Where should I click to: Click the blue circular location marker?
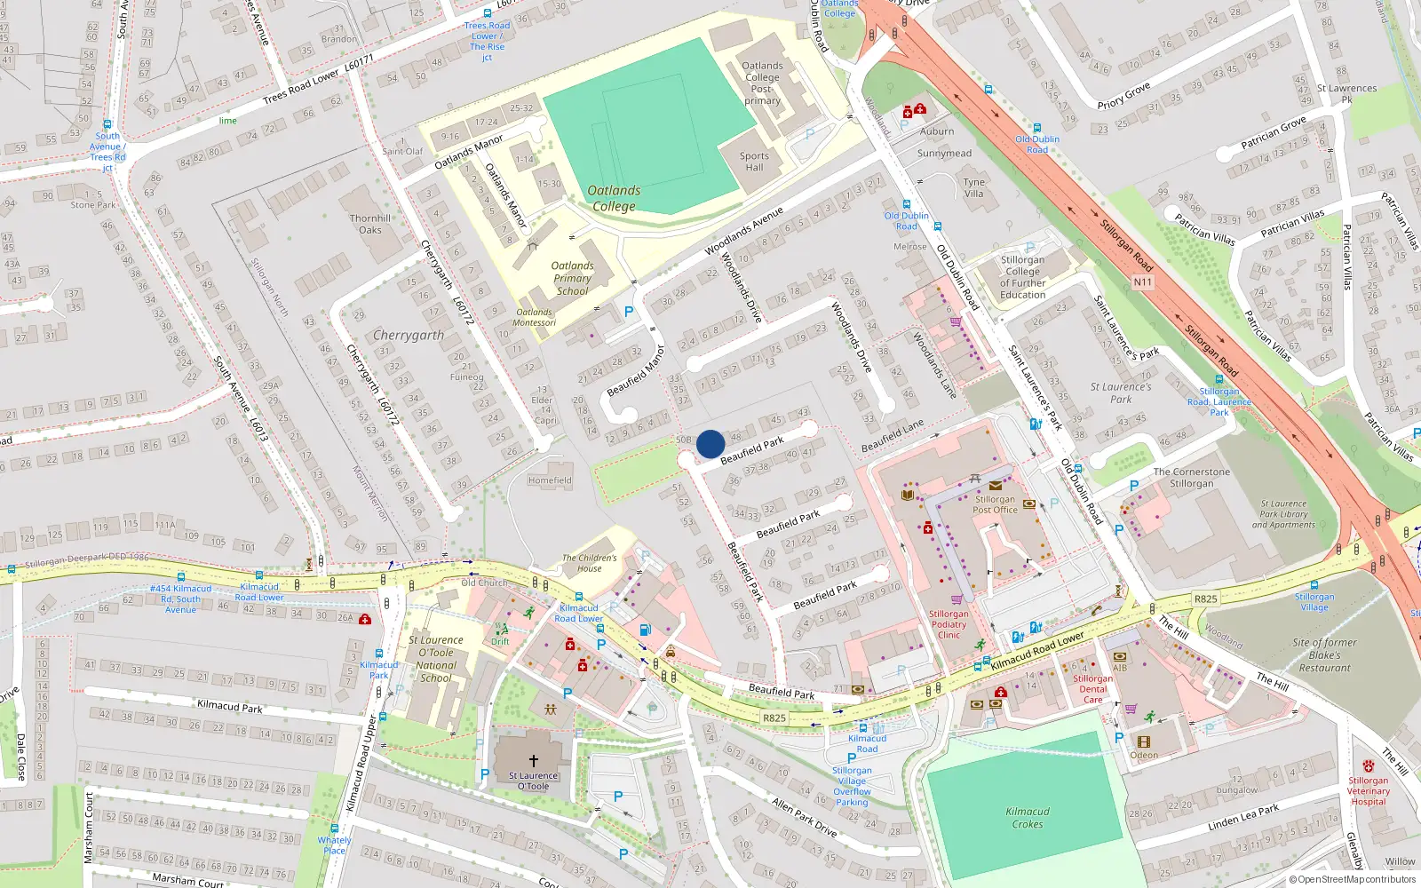click(710, 444)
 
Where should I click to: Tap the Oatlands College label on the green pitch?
click(613, 198)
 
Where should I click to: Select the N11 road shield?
click(1143, 282)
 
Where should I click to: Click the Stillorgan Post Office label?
click(995, 504)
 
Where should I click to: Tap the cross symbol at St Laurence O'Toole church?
click(534, 761)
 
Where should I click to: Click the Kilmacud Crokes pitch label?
click(1028, 818)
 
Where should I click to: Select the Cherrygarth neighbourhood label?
click(408, 336)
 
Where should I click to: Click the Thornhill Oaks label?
click(370, 224)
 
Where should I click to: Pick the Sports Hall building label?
click(754, 162)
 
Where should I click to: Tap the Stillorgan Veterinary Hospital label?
click(1368, 790)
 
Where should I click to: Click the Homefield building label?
click(550, 480)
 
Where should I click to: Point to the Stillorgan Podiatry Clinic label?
click(949, 624)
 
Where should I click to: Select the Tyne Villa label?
click(974, 187)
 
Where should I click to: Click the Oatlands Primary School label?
click(572, 278)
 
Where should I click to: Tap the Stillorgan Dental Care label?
click(1093, 689)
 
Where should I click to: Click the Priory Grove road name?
click(1123, 96)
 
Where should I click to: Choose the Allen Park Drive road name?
click(805, 817)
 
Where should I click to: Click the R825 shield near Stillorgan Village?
click(1205, 599)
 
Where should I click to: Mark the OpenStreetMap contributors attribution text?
click(1353, 879)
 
